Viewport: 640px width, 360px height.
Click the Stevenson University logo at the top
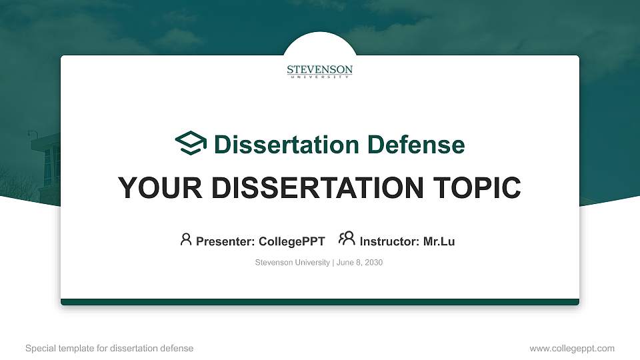320,71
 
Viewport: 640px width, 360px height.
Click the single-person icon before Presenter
186,239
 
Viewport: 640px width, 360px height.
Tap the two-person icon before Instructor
347,239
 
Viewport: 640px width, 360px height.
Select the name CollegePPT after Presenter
292,241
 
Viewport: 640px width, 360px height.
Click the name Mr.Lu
439,241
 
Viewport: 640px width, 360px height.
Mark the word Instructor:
389,241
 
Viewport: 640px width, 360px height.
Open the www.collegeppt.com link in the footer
572,348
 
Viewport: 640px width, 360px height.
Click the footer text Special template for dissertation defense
109,348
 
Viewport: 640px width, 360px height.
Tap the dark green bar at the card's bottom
320,302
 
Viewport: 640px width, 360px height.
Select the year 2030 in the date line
373,263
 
